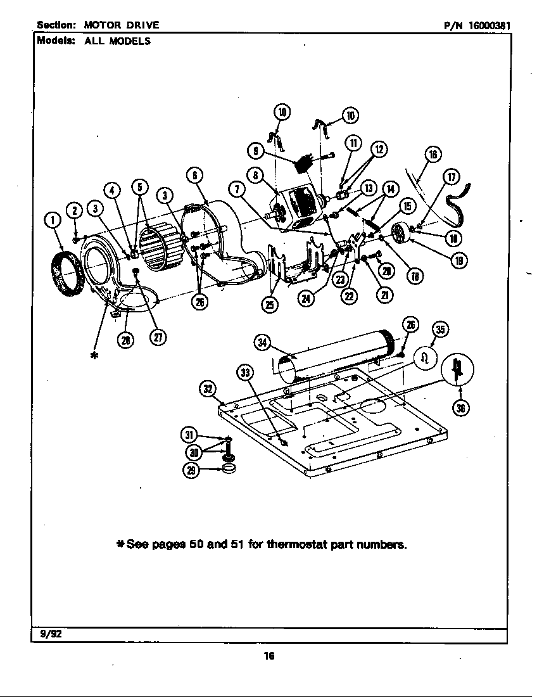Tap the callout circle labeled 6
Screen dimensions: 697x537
(x=194, y=175)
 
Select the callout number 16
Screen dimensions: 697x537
(x=433, y=154)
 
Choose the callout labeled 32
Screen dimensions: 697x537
(x=208, y=388)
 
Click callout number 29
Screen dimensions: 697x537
(x=191, y=470)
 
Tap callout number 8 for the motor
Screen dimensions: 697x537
(x=255, y=175)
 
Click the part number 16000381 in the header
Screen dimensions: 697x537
(x=489, y=25)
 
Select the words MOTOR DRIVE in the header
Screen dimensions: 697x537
(x=122, y=25)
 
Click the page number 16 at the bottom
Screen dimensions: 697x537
(x=268, y=656)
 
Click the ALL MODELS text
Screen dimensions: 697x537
(x=117, y=41)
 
